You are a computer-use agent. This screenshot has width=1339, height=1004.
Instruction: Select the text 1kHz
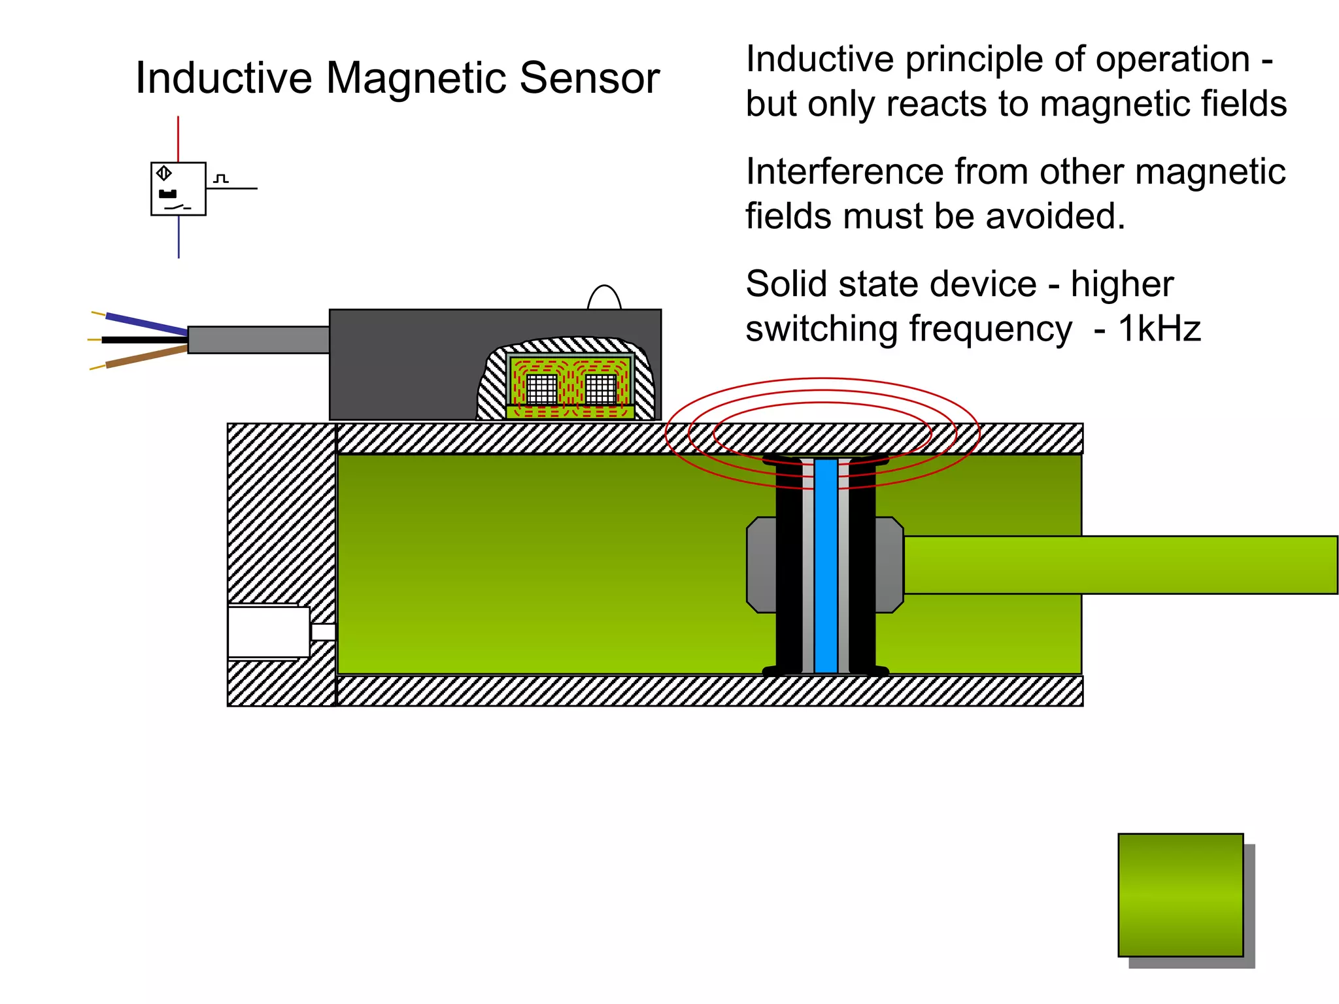[x=1159, y=329]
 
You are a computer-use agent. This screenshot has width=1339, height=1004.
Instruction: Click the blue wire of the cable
[x=146, y=324]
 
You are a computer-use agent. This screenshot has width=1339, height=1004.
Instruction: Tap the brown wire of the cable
[x=146, y=357]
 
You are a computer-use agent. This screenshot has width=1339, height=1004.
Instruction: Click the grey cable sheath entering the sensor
[x=258, y=340]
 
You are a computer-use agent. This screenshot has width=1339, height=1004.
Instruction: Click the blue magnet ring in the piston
[x=826, y=565]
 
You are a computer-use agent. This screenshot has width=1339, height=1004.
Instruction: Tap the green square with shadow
[x=1180, y=895]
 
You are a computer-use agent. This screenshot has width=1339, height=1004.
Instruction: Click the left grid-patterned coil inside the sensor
[x=542, y=389]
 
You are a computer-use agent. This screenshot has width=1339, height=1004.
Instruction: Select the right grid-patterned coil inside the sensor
[x=601, y=389]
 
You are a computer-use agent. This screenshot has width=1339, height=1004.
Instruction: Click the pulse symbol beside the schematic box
[x=222, y=178]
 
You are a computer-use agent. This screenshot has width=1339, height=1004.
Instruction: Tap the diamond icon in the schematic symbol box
[x=164, y=173]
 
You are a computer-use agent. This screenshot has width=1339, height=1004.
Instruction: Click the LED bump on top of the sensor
[x=604, y=298]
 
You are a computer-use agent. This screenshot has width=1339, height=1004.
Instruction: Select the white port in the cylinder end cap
[x=269, y=632]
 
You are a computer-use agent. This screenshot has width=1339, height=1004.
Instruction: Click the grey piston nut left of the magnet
[x=762, y=565]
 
